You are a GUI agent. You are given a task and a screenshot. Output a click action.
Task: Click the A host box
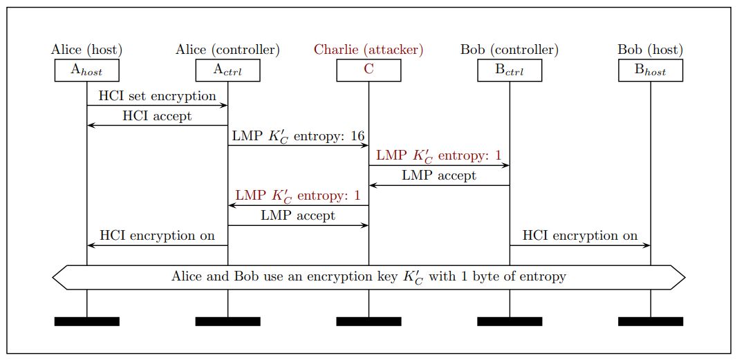pos(87,70)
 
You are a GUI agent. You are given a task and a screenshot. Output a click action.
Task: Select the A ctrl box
pos(227,70)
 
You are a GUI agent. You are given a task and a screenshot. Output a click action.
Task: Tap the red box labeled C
pos(368,70)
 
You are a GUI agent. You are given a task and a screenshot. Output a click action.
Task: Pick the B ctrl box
pos(510,70)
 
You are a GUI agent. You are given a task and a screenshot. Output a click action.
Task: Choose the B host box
pos(651,70)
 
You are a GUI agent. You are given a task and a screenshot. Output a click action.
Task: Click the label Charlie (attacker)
pos(368,50)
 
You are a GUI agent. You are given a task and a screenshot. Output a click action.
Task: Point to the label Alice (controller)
pos(227,50)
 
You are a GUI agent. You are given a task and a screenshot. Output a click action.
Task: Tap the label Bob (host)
pos(651,50)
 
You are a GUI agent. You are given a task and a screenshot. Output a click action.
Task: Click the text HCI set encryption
pos(157,96)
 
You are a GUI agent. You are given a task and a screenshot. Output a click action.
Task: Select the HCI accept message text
pos(157,116)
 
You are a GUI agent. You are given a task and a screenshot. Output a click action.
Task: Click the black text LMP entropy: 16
pos(298,136)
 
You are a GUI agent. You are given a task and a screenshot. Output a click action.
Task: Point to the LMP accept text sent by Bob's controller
pos(439,176)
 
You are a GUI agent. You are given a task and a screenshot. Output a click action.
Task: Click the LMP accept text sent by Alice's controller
pos(298,216)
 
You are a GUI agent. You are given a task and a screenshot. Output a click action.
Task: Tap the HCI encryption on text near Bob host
pos(580,236)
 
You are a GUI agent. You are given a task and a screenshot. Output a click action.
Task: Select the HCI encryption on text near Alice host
pos(157,236)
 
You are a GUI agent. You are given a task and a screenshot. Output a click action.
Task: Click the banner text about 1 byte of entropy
pos(368,277)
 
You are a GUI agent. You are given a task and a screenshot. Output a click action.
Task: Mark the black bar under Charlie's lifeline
pos(368,321)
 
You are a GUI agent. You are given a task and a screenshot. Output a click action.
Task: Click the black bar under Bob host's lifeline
pos(651,321)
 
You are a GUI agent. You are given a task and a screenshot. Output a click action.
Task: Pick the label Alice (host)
pos(87,50)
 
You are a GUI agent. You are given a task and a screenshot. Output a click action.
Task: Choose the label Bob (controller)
pos(510,50)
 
